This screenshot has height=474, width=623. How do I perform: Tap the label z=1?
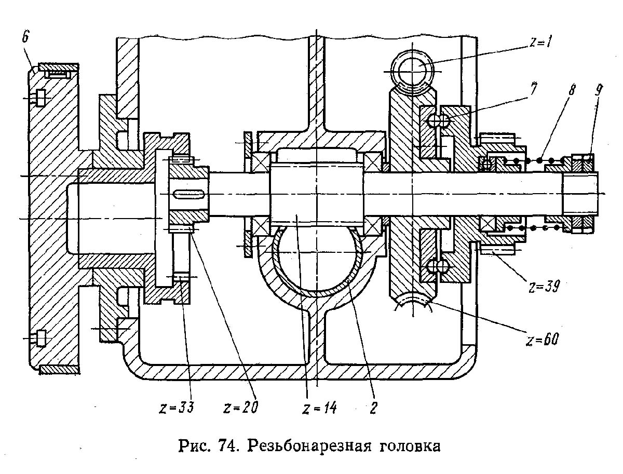click(x=540, y=43)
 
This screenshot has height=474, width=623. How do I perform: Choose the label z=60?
click(x=543, y=340)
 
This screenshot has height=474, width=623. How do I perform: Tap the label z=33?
click(x=176, y=408)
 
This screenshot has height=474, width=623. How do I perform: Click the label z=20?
click(x=241, y=408)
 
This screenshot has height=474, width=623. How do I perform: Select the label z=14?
click(x=319, y=409)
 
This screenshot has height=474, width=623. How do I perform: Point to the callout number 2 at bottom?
click(x=373, y=408)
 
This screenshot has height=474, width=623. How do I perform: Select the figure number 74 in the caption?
click(x=228, y=446)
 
